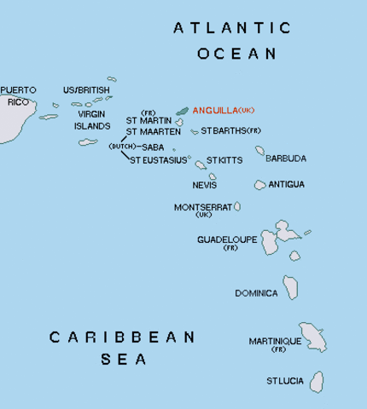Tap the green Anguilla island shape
[182, 111]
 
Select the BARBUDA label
[286, 158]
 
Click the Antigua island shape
[259, 185]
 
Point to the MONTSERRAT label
[202, 207]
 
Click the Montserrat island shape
[237, 206]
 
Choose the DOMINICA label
[256, 293]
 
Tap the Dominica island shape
[292, 286]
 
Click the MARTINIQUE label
[275, 341]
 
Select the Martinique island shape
[312, 337]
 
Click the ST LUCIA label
[284, 380]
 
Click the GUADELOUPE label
[227, 239]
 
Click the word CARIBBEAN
[123, 337]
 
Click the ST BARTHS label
[223, 130]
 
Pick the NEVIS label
[204, 185]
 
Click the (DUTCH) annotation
[120, 147]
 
